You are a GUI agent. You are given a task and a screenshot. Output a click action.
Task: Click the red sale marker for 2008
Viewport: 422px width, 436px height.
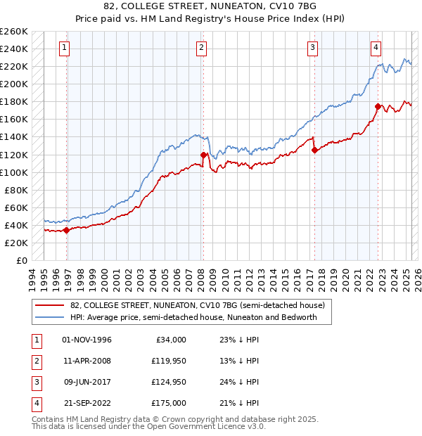point(203,155)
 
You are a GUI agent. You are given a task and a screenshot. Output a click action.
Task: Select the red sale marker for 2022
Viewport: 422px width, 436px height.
point(378,106)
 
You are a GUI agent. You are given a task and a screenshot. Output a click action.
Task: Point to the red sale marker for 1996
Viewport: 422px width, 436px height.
point(67,230)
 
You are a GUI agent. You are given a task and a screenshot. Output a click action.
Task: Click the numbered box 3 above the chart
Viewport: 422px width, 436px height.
point(312,48)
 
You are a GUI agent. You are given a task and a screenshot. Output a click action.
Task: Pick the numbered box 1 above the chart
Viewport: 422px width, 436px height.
point(64,48)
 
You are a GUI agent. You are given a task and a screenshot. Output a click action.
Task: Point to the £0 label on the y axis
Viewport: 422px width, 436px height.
point(22,260)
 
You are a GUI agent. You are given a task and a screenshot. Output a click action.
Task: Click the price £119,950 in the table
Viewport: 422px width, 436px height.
point(170,361)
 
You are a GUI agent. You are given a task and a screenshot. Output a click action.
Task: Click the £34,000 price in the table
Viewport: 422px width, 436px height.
point(171,340)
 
